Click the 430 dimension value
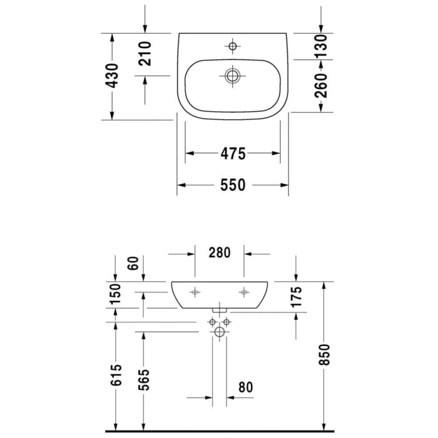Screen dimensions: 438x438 click(112, 76)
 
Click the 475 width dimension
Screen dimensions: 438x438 click(233, 153)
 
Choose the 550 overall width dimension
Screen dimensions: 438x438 click(233, 185)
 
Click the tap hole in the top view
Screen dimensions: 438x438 click(233, 46)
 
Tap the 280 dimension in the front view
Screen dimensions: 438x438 click(219, 253)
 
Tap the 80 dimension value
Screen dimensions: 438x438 click(245, 388)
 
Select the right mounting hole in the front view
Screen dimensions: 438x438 click(243, 292)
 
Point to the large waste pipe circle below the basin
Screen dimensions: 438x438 click(219, 332)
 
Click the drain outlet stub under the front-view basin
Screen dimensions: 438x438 click(219, 309)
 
